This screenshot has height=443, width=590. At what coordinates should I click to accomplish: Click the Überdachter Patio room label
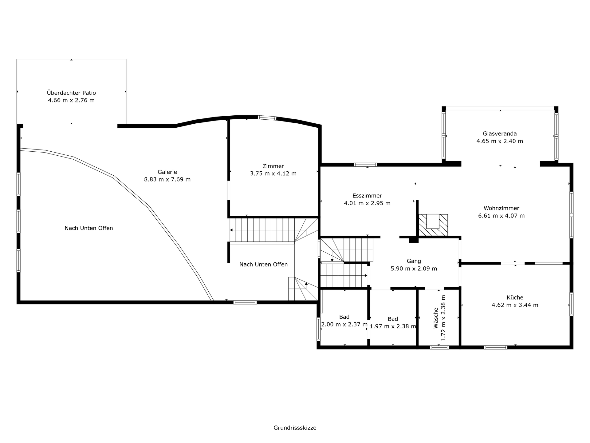(x=71, y=93)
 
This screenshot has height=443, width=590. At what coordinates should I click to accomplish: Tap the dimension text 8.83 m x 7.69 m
(x=167, y=179)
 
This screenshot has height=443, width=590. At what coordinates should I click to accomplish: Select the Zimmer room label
(x=273, y=166)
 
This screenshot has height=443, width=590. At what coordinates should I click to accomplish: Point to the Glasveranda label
(x=500, y=134)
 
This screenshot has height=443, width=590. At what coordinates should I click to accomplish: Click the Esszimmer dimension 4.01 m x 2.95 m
(x=367, y=203)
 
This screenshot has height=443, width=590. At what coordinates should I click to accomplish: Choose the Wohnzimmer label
(x=502, y=208)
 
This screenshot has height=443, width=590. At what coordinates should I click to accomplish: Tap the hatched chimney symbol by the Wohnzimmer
(x=433, y=225)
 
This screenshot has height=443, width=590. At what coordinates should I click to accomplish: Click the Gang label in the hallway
(x=414, y=261)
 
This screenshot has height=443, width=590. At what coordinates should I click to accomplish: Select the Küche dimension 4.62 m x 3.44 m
(x=515, y=305)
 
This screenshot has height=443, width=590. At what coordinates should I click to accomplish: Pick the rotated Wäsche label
(x=436, y=318)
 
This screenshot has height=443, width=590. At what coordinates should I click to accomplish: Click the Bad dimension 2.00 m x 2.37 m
(x=344, y=324)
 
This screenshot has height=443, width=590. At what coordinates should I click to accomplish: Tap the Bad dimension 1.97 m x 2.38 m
(x=393, y=326)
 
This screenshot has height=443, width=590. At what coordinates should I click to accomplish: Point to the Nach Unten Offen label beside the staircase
(x=264, y=264)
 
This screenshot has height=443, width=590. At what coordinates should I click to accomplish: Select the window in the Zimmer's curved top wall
(x=267, y=118)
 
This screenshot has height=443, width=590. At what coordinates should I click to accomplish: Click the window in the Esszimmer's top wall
(x=365, y=165)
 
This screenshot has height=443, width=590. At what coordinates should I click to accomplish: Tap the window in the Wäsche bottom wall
(x=439, y=347)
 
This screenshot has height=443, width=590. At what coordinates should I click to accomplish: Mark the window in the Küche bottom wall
(x=496, y=347)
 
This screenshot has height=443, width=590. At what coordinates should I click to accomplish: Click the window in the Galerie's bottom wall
(x=245, y=302)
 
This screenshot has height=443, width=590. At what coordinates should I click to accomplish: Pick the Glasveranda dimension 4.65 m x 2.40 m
(x=500, y=141)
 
